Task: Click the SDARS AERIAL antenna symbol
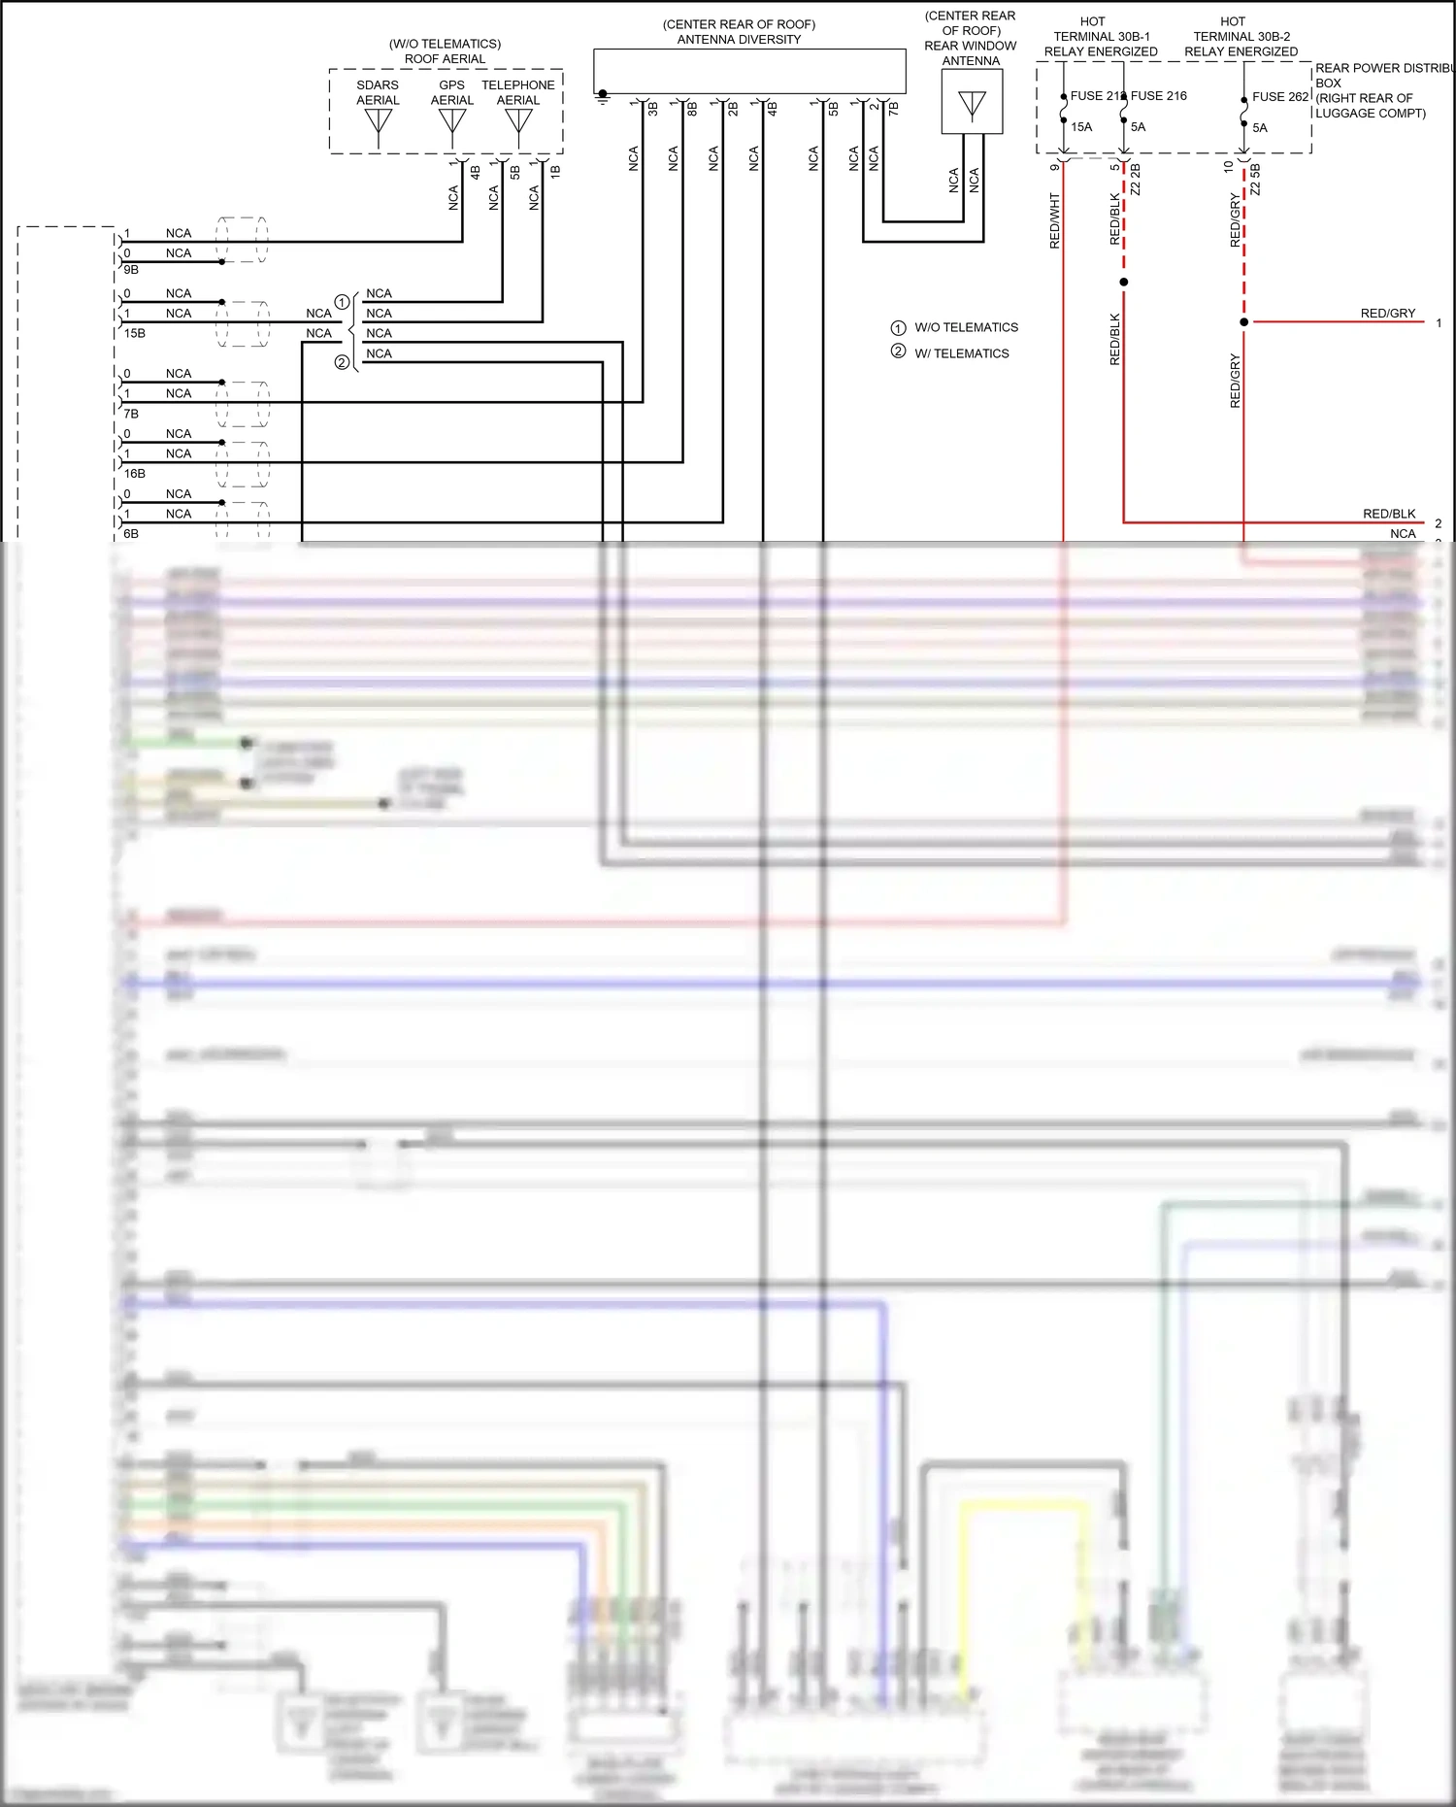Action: coord(378,123)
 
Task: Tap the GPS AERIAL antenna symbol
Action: coord(452,123)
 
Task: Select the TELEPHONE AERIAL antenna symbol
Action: coord(518,123)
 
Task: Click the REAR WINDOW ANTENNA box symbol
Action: coord(972,102)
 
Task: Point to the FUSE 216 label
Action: coord(1159,96)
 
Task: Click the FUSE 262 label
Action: coord(1280,97)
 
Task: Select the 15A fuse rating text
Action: coord(1081,127)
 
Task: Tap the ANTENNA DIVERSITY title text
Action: coord(739,40)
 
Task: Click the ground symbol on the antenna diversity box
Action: coord(603,97)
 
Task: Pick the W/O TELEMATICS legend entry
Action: coord(966,328)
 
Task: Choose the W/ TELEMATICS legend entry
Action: coord(961,353)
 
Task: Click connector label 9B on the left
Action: coord(131,270)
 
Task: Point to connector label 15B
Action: coord(134,333)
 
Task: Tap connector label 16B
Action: coord(134,474)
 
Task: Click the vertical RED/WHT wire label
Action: coord(1055,221)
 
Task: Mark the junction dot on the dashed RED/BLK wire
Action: coord(1124,283)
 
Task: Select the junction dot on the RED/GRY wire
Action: coord(1243,322)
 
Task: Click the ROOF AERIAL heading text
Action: coord(445,59)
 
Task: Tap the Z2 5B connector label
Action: coord(1255,180)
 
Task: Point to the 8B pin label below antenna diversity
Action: coord(692,109)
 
